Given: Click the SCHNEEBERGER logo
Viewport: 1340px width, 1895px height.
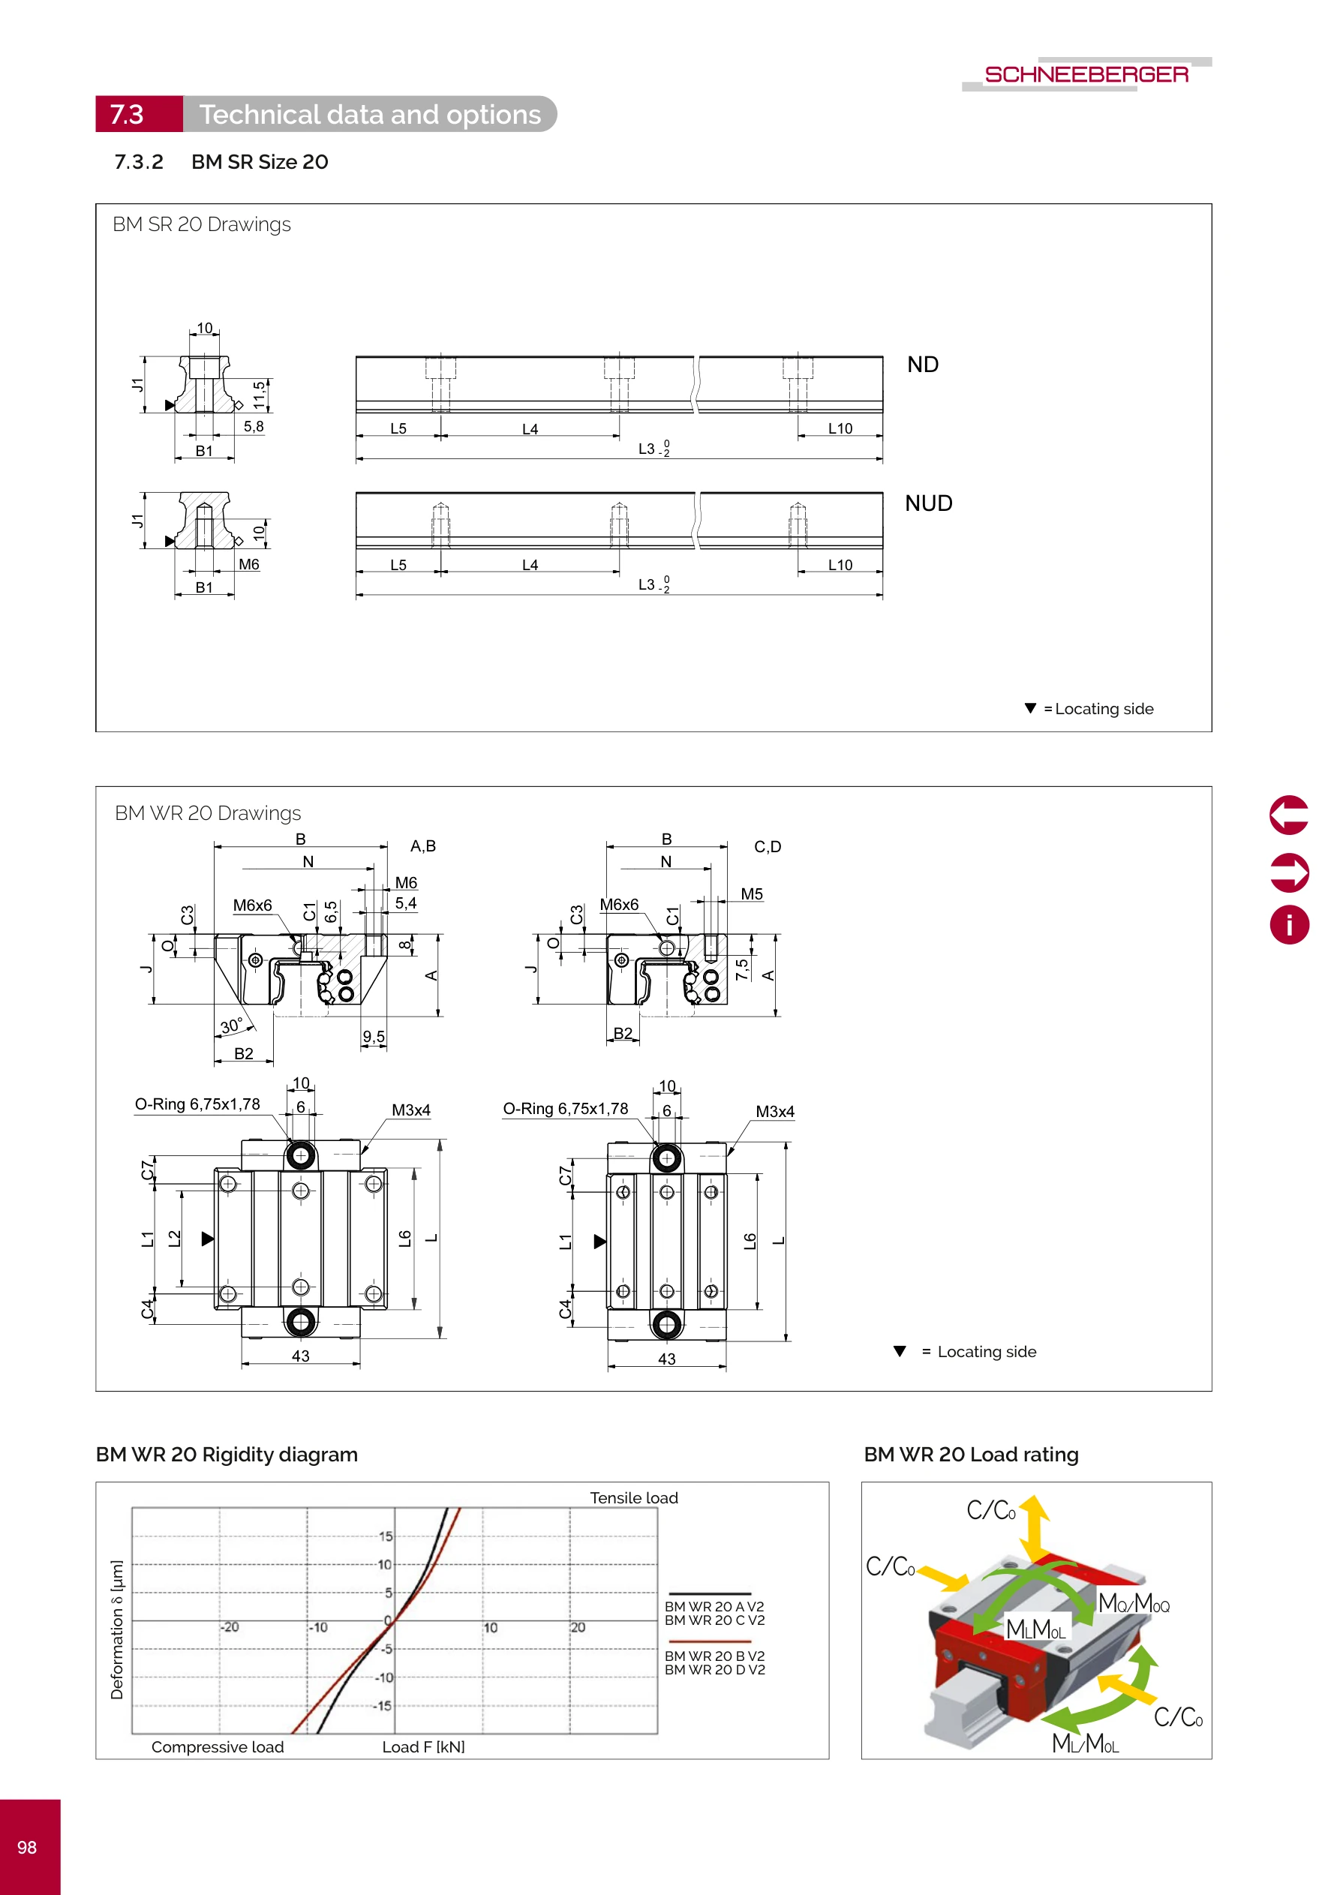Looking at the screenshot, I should (x=1086, y=74).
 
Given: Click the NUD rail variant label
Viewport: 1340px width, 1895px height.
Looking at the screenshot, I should (x=928, y=503).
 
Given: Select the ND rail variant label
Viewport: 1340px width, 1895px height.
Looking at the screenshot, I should (x=922, y=365).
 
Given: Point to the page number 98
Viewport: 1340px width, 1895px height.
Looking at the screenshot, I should (x=27, y=1847).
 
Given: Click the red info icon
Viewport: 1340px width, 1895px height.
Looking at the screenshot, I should (x=1288, y=924).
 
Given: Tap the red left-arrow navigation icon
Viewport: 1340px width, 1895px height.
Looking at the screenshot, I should (x=1288, y=815).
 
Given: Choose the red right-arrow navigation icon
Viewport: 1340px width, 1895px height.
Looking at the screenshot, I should (x=1288, y=872).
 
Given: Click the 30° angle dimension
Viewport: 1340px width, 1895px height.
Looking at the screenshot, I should (x=231, y=1027).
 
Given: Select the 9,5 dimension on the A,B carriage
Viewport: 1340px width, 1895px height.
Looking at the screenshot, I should (x=373, y=1037).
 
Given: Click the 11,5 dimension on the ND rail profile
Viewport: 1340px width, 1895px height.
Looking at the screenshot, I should (x=260, y=395).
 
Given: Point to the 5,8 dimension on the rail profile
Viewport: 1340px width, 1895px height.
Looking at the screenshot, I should (x=254, y=427).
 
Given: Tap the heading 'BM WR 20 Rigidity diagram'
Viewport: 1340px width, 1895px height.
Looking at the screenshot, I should (x=227, y=1455).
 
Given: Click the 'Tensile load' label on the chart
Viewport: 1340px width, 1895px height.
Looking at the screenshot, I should (x=633, y=1498).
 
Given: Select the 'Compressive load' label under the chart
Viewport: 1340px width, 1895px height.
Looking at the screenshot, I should (x=217, y=1747).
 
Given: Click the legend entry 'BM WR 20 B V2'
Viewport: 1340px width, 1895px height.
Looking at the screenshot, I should (x=714, y=1656).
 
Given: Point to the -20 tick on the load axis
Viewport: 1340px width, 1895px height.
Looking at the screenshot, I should (x=230, y=1626).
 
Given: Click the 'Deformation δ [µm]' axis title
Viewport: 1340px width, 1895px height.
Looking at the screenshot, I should (x=117, y=1629).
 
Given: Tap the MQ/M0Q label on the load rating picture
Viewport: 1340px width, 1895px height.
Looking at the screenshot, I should (x=1133, y=1604).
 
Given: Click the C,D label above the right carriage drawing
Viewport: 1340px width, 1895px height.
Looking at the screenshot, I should (x=767, y=847).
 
